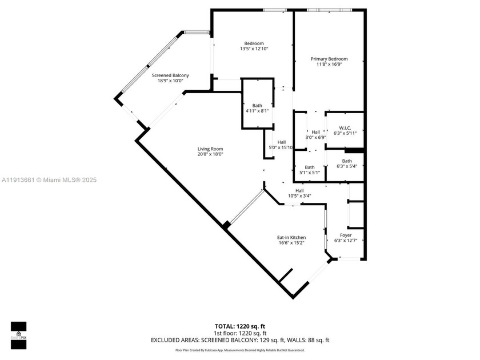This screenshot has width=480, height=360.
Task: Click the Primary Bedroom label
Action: point(329,59)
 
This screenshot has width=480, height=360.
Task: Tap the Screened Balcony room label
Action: point(170,75)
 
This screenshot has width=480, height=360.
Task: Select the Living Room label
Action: point(210,149)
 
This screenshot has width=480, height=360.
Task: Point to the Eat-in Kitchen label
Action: point(291,237)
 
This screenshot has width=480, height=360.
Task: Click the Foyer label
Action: point(346,235)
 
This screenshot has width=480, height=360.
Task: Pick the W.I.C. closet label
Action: point(345,128)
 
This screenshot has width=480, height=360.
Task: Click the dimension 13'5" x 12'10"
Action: point(254,49)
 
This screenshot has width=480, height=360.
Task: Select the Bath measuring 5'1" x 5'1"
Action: point(309,167)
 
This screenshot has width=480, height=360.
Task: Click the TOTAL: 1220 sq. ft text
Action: point(239,326)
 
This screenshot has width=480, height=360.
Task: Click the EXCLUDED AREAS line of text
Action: point(239,340)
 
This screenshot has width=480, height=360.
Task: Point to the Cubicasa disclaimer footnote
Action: point(239,350)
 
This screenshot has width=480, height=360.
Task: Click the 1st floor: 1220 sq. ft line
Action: point(239,333)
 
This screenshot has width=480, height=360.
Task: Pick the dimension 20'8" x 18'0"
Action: point(210,154)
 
